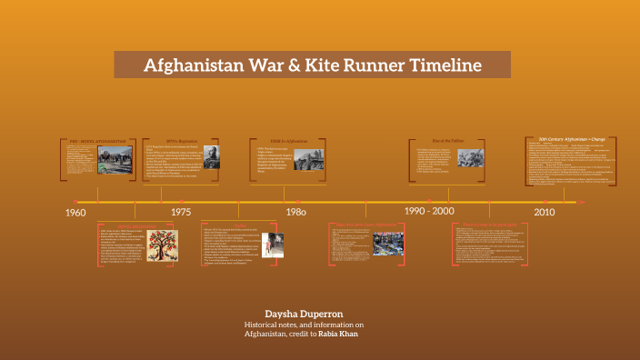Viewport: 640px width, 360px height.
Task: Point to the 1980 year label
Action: (295, 212)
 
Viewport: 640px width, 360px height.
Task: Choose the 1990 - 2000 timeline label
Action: (429, 211)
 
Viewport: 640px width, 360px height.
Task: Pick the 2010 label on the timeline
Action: (545, 212)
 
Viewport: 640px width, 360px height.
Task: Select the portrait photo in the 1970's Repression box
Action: (210, 158)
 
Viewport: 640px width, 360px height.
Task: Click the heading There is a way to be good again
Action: (492, 224)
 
